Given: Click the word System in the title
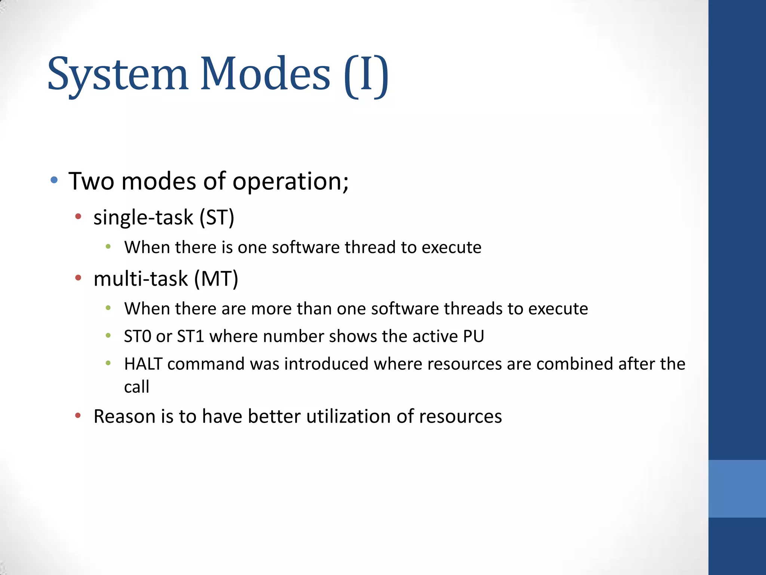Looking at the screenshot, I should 117,74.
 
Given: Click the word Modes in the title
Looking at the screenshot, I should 265,74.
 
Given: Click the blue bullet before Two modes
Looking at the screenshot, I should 54,180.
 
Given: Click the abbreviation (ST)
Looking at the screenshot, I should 217,217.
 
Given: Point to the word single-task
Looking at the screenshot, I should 143,217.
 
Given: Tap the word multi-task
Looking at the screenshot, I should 141,279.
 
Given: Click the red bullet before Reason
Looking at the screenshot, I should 78,415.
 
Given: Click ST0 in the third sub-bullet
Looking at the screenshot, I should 138,336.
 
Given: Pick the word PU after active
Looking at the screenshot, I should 473,336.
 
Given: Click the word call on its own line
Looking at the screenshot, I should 137,387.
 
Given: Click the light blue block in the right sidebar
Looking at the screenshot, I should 737,489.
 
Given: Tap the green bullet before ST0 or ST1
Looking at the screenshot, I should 108,335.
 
